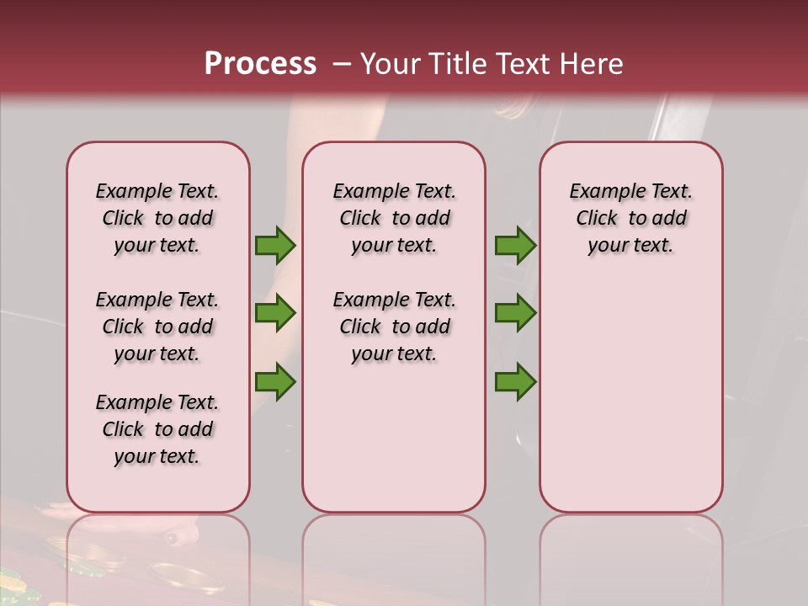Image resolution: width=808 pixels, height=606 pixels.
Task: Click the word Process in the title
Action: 260,64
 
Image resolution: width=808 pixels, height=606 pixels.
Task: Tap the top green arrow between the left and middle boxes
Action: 275,245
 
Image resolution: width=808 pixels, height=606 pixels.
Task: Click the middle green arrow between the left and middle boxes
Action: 275,313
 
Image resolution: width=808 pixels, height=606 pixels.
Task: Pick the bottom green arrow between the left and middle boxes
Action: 275,381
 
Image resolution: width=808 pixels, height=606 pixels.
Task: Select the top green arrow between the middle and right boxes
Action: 515,245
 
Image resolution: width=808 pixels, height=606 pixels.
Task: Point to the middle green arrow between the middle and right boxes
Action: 515,313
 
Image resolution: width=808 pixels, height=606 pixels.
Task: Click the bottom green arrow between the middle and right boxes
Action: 515,381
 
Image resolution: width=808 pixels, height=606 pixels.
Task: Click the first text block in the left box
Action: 157,218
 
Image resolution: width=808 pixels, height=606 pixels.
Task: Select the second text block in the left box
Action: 157,327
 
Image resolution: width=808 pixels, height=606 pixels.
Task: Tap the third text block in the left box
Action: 157,429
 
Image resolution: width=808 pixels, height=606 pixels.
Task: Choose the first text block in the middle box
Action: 394,218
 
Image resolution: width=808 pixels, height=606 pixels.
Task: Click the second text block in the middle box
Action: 394,327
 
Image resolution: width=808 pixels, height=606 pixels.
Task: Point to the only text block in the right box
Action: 630,218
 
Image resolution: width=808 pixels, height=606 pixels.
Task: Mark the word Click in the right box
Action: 597,219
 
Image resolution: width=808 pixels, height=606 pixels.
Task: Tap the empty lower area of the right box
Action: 630,396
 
